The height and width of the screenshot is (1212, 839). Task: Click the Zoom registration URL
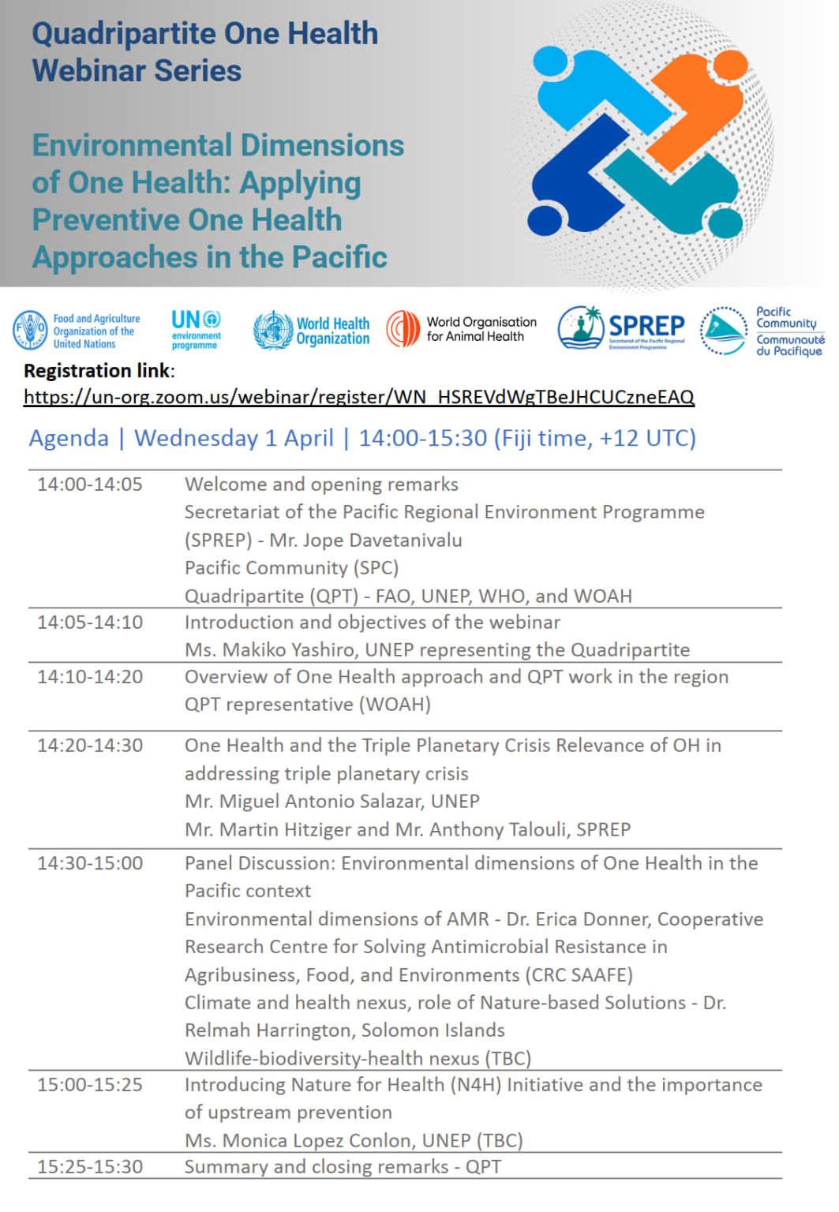(x=359, y=396)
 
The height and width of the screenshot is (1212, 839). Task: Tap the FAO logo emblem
(x=30, y=331)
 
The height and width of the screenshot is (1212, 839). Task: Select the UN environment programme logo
(x=196, y=329)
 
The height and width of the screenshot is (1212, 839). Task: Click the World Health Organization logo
(x=311, y=331)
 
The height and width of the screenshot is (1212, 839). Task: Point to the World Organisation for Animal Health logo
(x=461, y=329)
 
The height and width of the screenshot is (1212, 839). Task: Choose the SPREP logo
(x=622, y=327)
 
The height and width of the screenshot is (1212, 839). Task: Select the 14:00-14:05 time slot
(x=90, y=484)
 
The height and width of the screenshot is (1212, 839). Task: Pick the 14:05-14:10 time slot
(x=90, y=623)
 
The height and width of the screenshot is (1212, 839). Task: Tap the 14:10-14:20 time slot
(x=90, y=677)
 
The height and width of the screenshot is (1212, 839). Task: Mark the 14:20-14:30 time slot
(x=90, y=746)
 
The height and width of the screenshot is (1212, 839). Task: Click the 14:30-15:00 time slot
(x=90, y=863)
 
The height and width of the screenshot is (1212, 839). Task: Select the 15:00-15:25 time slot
(x=90, y=1085)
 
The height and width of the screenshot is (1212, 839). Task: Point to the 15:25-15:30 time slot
(x=90, y=1167)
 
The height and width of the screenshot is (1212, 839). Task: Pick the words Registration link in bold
(x=97, y=371)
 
